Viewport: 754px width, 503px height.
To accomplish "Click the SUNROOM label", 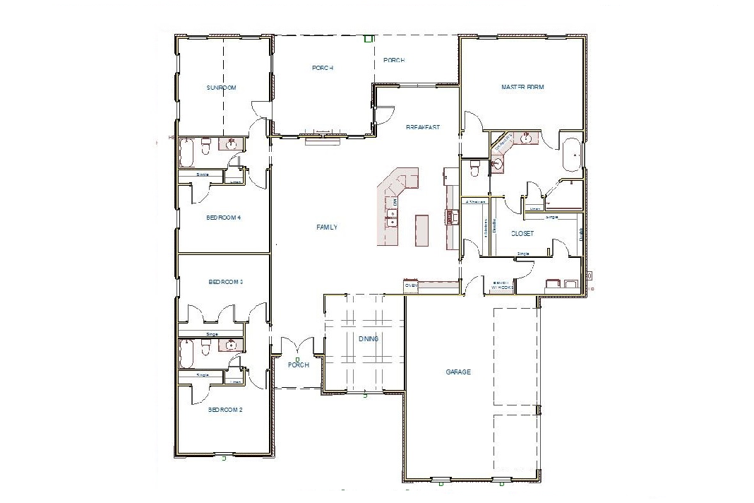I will tap(221, 88).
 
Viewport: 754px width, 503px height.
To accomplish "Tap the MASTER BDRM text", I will tap(522, 88).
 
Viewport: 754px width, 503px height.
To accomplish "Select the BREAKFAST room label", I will tap(423, 128).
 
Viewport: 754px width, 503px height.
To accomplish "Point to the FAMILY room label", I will tap(327, 227).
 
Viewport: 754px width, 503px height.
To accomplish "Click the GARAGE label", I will tap(458, 372).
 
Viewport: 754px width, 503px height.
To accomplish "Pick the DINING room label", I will tap(369, 339).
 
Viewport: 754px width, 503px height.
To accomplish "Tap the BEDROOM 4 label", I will tap(224, 218).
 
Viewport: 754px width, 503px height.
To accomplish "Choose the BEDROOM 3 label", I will tap(225, 282).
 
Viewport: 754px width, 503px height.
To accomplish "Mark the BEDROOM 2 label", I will tap(225, 410).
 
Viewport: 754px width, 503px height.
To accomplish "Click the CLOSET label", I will tap(523, 233).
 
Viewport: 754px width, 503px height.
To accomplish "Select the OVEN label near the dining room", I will tap(412, 286).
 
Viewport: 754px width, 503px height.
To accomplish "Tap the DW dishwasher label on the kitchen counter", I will tap(395, 203).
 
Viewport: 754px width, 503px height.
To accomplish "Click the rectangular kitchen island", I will tap(422, 230).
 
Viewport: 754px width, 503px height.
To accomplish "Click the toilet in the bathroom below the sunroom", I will tap(206, 146).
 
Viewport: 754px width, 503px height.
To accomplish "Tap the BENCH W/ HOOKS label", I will tap(501, 286).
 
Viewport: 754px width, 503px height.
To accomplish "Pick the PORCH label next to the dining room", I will tap(299, 365).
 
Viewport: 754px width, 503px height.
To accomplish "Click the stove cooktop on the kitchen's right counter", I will tap(448, 216).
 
